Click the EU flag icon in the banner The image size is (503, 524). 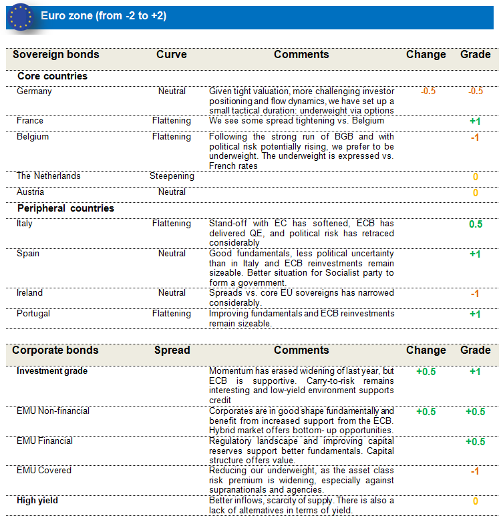click(20, 16)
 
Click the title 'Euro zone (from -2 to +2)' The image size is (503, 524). click(104, 16)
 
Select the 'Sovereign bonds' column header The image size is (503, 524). click(55, 55)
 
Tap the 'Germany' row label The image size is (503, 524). click(34, 91)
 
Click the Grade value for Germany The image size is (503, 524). click(475, 91)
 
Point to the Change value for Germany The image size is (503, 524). click(428, 91)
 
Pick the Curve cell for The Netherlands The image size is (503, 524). click(172, 176)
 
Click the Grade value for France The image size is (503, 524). click(475, 121)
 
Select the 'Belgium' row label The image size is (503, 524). click(33, 137)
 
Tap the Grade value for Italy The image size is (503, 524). click(475, 224)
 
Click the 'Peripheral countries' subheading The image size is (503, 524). click(65, 208)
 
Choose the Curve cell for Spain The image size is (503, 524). click(172, 254)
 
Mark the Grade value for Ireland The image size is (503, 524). click(475, 294)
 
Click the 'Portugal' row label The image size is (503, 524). click(33, 314)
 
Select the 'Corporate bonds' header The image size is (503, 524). click(55, 350)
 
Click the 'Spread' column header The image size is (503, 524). click(172, 350)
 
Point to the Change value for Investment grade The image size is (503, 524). click(426, 372)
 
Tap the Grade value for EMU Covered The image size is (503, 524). click(475, 471)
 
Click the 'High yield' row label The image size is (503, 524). click(37, 501)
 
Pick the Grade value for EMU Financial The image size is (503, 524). click(475, 442)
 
